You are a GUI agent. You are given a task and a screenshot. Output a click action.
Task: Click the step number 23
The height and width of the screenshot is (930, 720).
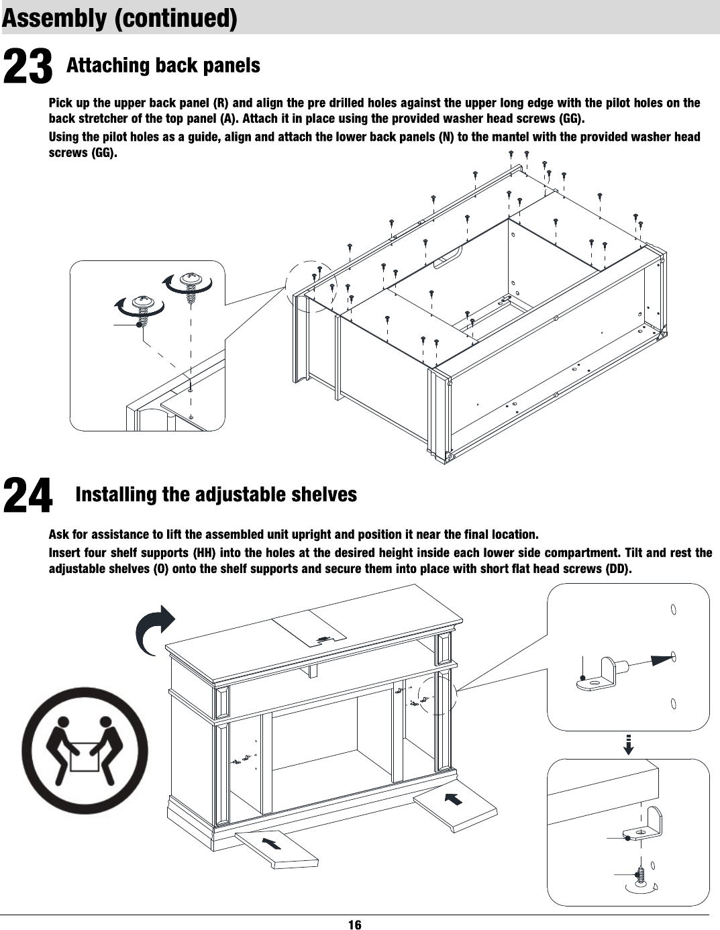pyautogui.click(x=28, y=67)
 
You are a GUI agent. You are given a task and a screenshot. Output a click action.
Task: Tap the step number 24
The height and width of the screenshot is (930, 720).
pyautogui.click(x=28, y=495)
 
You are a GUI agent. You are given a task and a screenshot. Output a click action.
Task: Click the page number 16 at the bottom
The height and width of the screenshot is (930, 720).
pyautogui.click(x=354, y=924)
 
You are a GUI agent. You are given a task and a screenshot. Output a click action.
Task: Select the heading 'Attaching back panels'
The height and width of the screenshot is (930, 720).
pyautogui.click(x=163, y=66)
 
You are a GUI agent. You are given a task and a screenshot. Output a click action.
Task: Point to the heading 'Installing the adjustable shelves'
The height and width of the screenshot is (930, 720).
pyautogui.click(x=216, y=495)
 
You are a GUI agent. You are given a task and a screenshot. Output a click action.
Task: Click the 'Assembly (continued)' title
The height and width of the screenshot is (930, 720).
pyautogui.click(x=119, y=18)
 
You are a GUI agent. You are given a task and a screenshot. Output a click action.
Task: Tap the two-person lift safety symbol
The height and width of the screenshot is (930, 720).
pyautogui.click(x=85, y=750)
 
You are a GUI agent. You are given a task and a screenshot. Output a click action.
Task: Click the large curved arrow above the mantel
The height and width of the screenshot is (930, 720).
pyautogui.click(x=156, y=628)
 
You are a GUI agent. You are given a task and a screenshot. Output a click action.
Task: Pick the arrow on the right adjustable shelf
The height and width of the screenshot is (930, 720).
pyautogui.click(x=454, y=798)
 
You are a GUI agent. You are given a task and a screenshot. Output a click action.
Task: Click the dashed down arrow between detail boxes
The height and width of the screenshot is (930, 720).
pyautogui.click(x=628, y=744)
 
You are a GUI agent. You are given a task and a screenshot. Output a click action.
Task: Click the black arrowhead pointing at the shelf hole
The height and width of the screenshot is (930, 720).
pyautogui.click(x=661, y=659)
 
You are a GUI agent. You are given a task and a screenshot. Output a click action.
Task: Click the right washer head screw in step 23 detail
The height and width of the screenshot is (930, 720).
pyautogui.click(x=191, y=284)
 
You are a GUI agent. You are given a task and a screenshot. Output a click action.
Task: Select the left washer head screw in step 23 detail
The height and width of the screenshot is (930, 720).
pyautogui.click(x=142, y=307)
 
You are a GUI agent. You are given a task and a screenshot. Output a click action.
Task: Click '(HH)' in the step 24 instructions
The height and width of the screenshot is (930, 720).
pyautogui.click(x=203, y=554)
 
